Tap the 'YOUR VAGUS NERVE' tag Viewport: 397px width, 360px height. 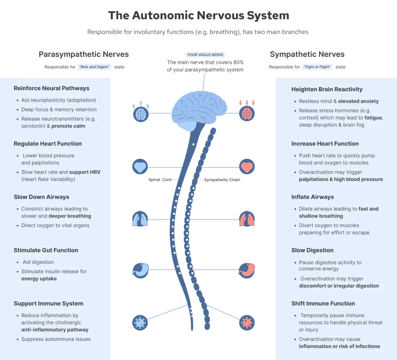[205, 55]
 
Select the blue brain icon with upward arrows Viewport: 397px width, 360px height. [140, 114]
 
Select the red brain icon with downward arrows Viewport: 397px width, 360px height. [247, 114]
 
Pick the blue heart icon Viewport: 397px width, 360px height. [140, 167]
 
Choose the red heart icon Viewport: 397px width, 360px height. [247, 167]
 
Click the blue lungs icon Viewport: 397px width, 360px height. [140, 219]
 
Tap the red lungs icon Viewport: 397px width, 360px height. [247, 219]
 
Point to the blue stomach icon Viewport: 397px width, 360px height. [140, 270]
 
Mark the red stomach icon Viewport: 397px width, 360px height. [247, 270]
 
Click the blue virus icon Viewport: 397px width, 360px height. [140, 322]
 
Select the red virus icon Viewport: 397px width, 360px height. [247, 322]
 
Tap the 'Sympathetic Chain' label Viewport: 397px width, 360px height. [222, 180]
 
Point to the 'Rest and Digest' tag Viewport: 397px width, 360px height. [94, 67]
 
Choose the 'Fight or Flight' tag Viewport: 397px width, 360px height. [318, 67]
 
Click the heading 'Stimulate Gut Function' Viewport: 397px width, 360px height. [46, 250]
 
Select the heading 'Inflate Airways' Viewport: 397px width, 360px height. [312, 197]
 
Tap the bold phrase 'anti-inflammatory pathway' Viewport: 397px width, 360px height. [55, 330]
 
